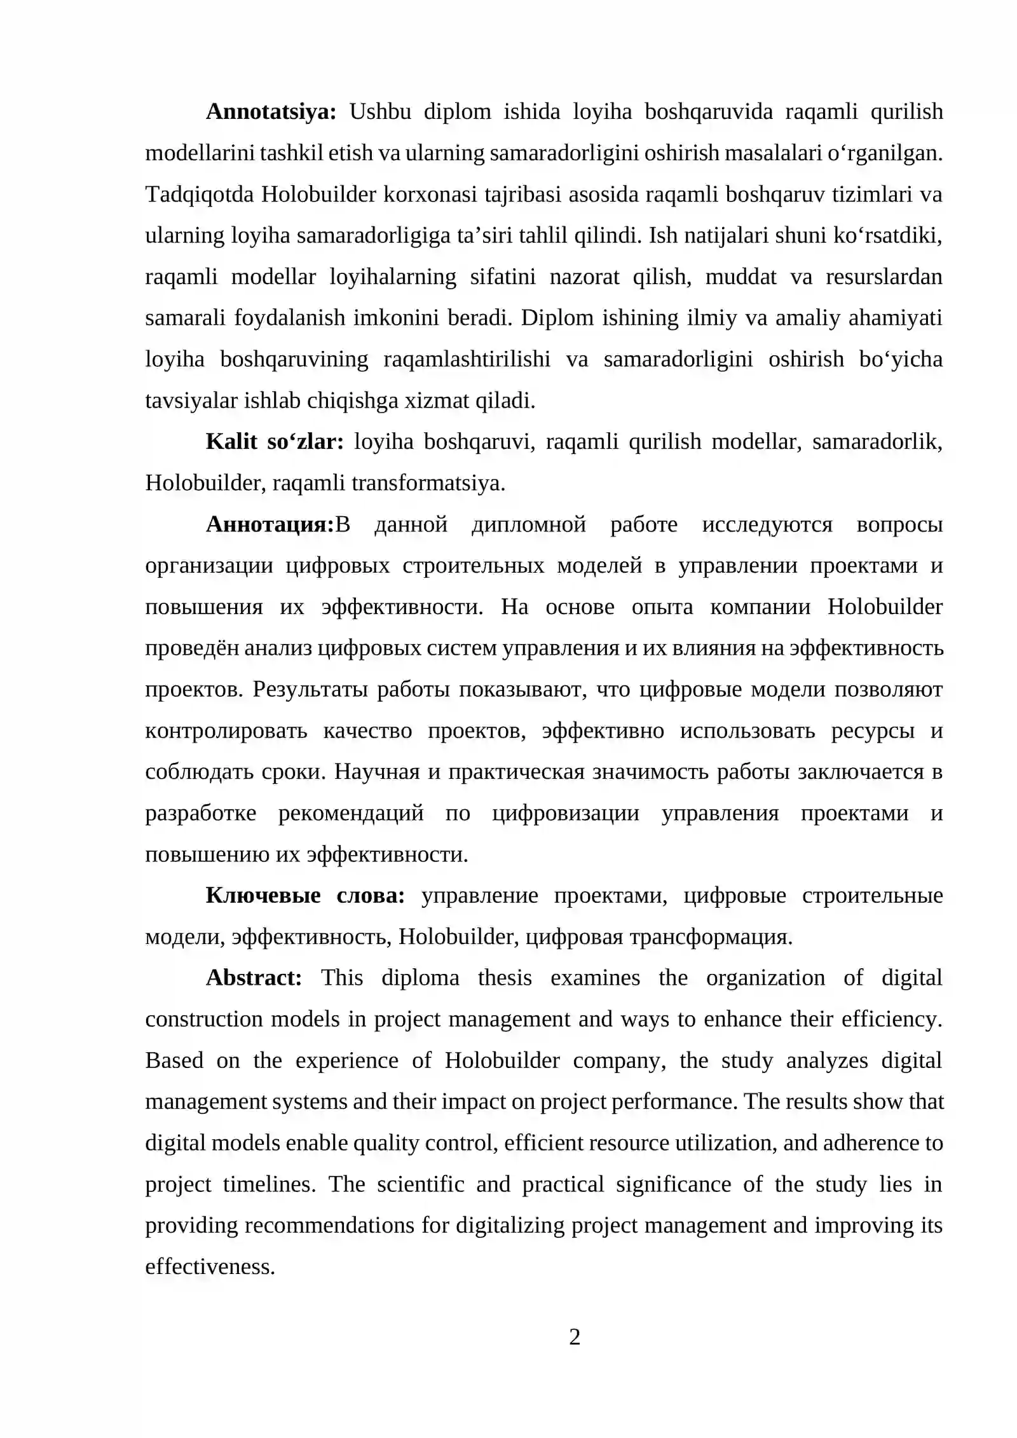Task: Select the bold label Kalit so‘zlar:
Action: coord(274,442)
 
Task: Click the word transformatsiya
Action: coord(428,484)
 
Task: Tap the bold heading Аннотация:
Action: coord(270,524)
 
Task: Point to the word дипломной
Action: coord(528,524)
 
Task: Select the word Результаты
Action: coord(310,690)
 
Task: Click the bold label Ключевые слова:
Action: coord(305,896)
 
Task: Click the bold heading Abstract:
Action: coord(254,978)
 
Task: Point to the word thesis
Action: coord(505,978)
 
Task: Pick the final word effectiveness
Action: coord(210,1267)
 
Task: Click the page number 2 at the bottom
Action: coord(575,1338)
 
